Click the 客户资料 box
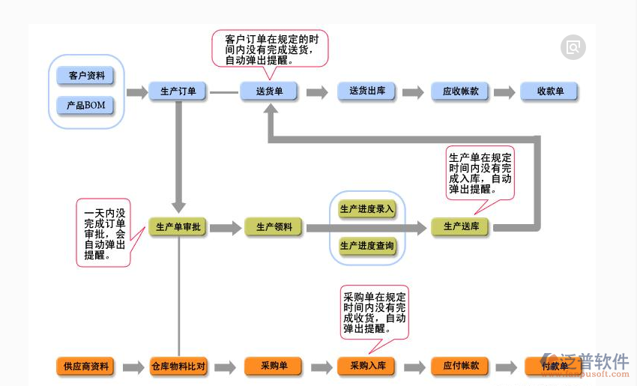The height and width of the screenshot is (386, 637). pyautogui.click(x=86, y=76)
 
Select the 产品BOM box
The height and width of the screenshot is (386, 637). pyautogui.click(x=86, y=106)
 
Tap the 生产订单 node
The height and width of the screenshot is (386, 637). pyautogui.click(x=178, y=91)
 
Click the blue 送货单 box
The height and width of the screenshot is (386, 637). pyautogui.click(x=269, y=91)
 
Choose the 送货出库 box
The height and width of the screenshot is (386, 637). pyautogui.click(x=366, y=91)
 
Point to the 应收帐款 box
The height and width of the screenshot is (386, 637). pyautogui.click(x=460, y=91)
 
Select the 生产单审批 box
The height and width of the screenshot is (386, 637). pyautogui.click(x=178, y=227)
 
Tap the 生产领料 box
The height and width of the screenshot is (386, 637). pyautogui.click(x=274, y=227)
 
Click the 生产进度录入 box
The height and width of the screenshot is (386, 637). pyautogui.click(x=367, y=209)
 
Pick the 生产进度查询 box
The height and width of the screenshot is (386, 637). pyautogui.click(x=367, y=246)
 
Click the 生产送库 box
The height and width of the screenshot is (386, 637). pyautogui.click(x=460, y=226)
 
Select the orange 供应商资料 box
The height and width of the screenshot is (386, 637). pyautogui.click(x=86, y=367)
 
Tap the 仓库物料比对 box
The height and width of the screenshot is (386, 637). pyautogui.click(x=178, y=367)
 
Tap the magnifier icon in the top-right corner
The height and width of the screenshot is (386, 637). pyautogui.click(x=573, y=47)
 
